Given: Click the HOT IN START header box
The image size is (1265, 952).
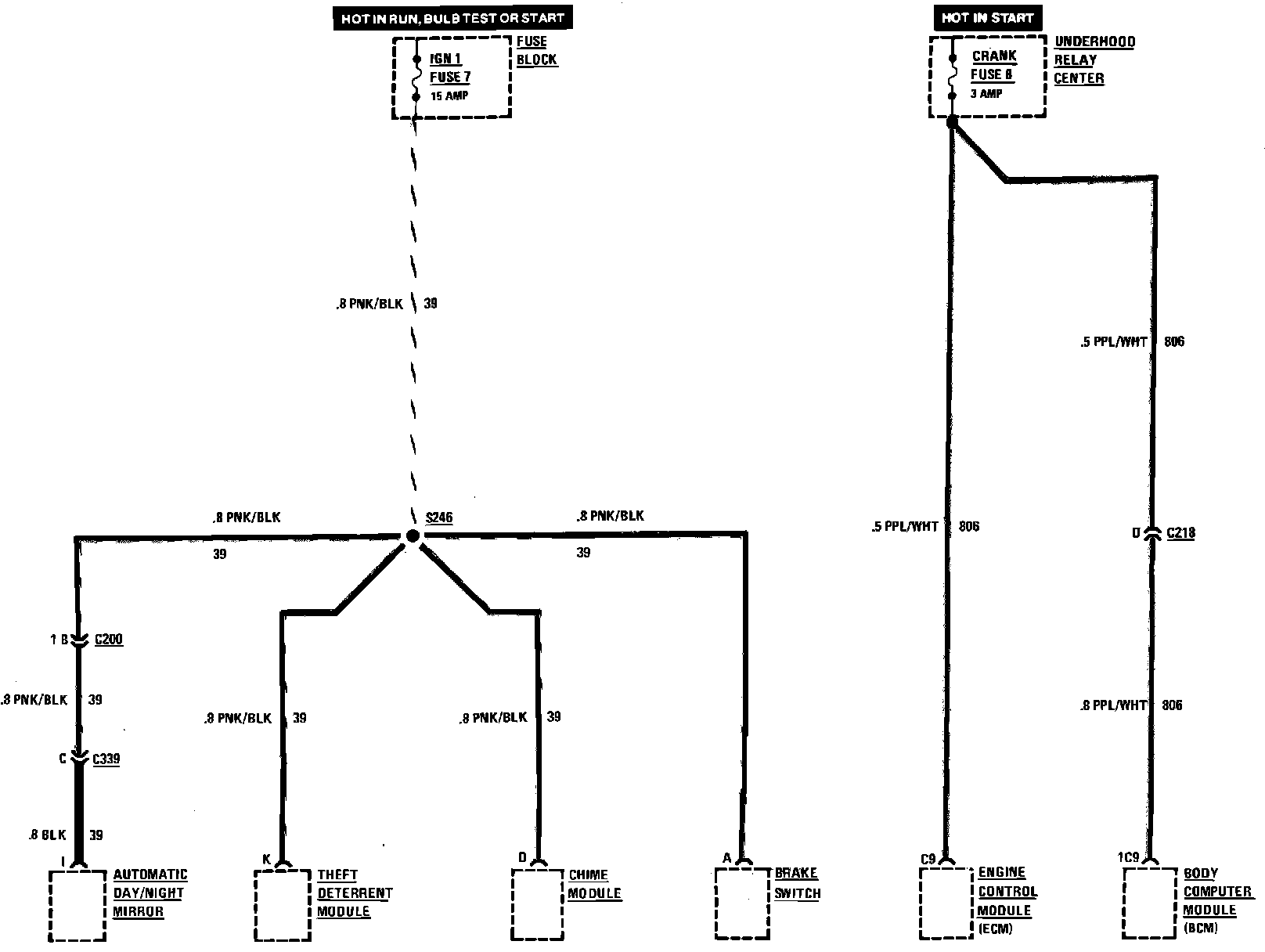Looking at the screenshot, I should (x=987, y=17).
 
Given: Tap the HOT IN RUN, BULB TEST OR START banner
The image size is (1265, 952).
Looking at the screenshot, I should (x=452, y=17).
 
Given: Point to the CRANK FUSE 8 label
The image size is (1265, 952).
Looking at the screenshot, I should (x=993, y=65).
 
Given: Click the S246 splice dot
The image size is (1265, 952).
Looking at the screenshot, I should (x=412, y=535).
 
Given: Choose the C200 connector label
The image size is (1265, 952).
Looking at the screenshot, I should (x=109, y=640).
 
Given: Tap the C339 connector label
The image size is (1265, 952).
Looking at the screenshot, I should (x=106, y=759).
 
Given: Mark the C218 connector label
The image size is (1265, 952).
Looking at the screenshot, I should (x=1180, y=534).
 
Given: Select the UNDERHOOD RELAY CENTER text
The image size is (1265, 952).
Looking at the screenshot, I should (x=1093, y=59).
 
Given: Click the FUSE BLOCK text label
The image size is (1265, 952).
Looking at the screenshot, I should (x=537, y=50).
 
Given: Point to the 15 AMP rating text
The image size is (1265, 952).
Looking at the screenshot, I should (x=449, y=96).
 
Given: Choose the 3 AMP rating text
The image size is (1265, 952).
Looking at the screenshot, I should (x=986, y=94).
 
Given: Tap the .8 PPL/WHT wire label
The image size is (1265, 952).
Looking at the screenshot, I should (x=1113, y=705).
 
